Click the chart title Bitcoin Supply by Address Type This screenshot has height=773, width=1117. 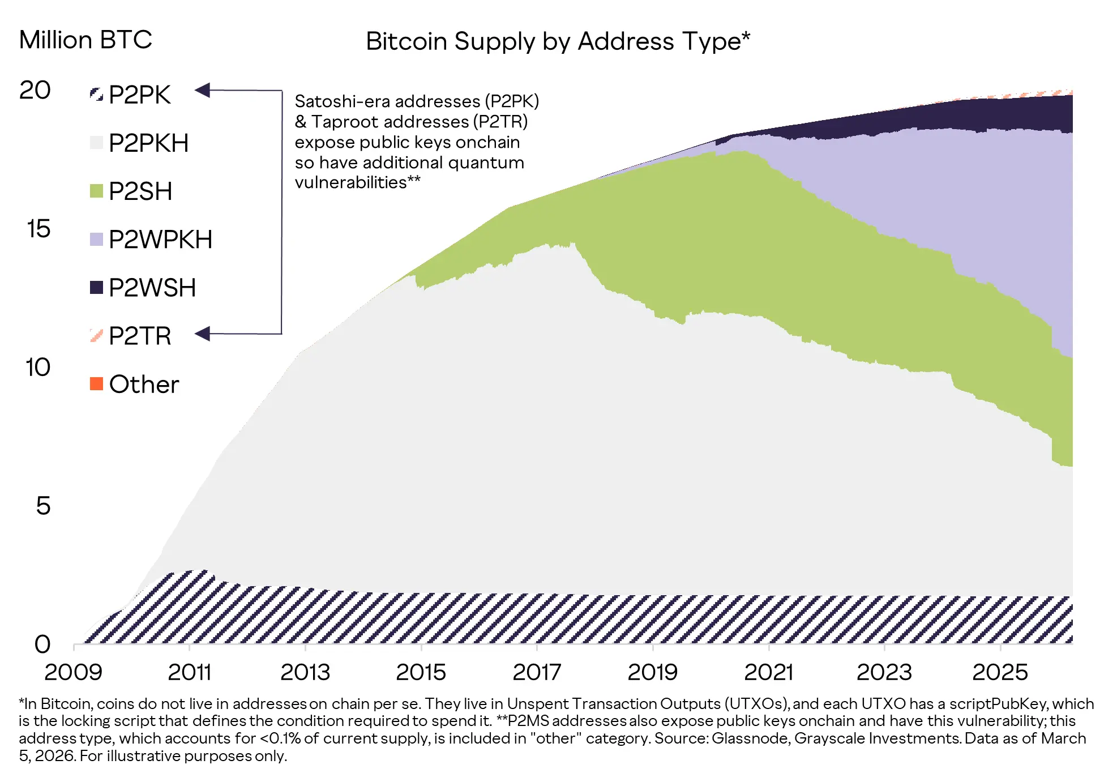[x=558, y=41]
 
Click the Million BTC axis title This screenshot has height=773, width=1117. [x=85, y=40]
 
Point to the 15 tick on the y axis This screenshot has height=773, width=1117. [x=38, y=229]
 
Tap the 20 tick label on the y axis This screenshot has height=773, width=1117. [x=35, y=90]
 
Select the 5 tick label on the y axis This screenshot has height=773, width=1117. [x=43, y=506]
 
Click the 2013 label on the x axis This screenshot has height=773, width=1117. [x=305, y=672]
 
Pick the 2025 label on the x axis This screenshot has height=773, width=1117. [x=1000, y=672]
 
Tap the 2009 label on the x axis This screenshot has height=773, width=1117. [x=74, y=672]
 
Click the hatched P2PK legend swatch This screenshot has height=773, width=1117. [x=96, y=94]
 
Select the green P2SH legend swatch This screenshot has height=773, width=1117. [x=96, y=191]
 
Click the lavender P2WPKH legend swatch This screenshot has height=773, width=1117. [x=96, y=239]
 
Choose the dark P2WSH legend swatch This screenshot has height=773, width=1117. [x=96, y=288]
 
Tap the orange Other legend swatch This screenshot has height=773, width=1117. [x=96, y=384]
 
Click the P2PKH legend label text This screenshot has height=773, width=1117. [x=148, y=143]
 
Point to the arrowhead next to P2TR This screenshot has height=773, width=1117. [x=203, y=334]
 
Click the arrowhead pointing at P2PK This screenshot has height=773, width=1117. [x=203, y=90]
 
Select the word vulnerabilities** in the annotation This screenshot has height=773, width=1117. [x=357, y=182]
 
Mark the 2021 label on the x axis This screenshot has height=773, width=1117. [x=768, y=672]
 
